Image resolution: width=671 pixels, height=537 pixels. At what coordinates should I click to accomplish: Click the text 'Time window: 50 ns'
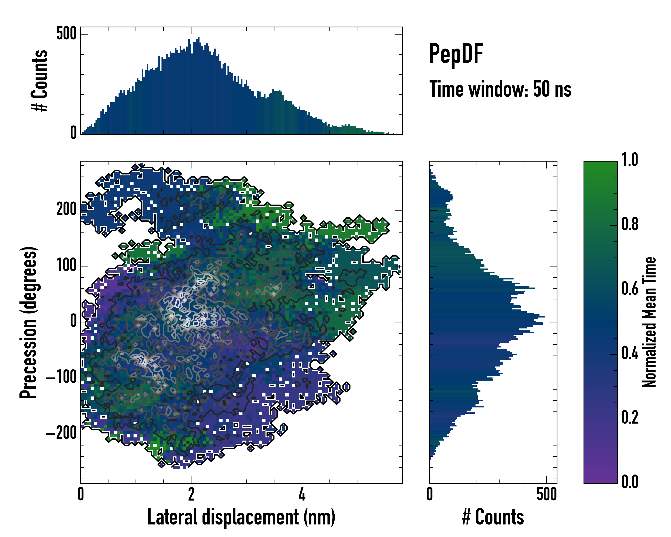(x=500, y=89)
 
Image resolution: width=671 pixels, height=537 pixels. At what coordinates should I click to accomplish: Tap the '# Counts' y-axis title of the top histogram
(x=40, y=81)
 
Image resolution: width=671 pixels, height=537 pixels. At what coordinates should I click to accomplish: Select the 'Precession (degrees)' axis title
(x=29, y=322)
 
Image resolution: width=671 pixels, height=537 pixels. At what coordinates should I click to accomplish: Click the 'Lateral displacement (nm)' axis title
(x=241, y=517)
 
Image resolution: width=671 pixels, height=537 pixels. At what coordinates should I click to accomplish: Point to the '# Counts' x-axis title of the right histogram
(x=493, y=517)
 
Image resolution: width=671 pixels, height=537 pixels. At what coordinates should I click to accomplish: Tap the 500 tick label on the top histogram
(x=66, y=33)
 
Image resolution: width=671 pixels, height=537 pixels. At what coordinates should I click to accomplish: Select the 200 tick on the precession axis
(x=66, y=209)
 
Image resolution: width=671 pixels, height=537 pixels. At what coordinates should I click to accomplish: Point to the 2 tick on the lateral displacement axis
(x=191, y=494)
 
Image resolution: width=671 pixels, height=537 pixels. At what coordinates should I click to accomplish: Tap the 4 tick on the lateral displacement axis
(x=302, y=494)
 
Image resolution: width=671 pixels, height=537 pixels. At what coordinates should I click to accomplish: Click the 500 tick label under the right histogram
(x=546, y=494)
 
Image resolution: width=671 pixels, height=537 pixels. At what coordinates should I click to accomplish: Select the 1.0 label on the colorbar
(x=630, y=160)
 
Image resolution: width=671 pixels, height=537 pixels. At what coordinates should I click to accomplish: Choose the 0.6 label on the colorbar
(x=630, y=289)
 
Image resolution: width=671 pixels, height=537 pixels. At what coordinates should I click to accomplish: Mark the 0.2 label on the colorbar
(x=630, y=418)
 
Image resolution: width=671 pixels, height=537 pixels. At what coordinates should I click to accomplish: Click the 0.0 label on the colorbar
(x=630, y=482)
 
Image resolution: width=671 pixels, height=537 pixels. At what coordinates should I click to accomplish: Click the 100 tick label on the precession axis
(x=66, y=266)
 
